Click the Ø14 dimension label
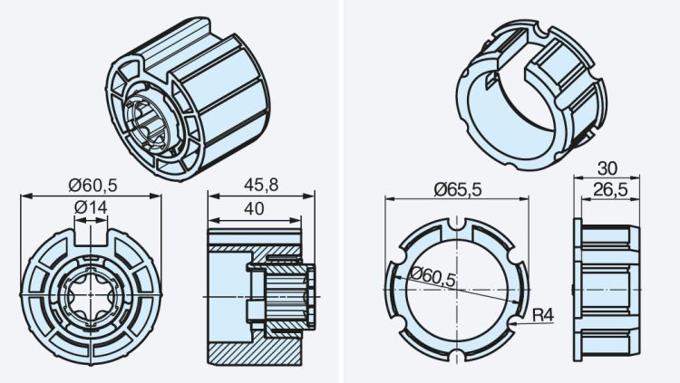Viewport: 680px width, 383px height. (91, 207)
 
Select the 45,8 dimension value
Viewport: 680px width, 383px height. (259, 186)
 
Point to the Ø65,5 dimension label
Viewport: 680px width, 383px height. (457, 188)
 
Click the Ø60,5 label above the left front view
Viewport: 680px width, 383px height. (93, 185)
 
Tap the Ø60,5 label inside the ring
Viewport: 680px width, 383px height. (432, 278)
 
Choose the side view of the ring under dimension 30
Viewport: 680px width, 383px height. (607, 289)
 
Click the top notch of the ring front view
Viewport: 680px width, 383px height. (459, 225)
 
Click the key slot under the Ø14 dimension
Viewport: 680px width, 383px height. (91, 237)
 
